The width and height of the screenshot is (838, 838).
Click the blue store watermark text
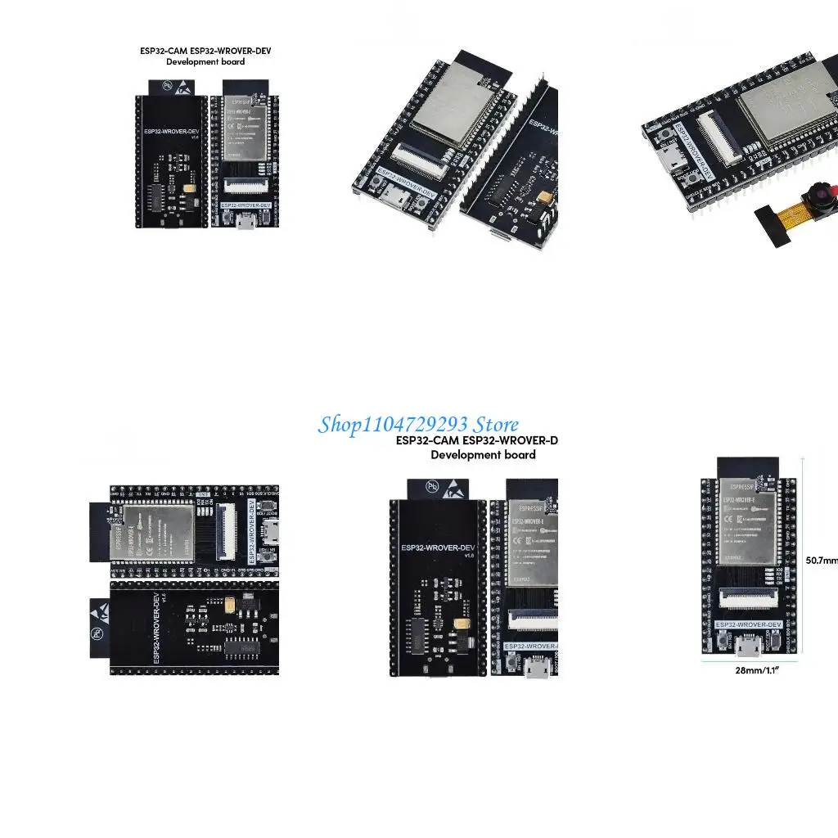[x=418, y=425]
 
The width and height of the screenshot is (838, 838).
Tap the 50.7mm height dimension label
[x=821, y=561]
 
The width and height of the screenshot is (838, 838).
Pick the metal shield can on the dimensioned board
[x=746, y=524]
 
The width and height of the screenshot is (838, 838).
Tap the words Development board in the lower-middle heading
[x=483, y=455]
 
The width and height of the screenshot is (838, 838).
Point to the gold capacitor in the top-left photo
[x=190, y=189]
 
